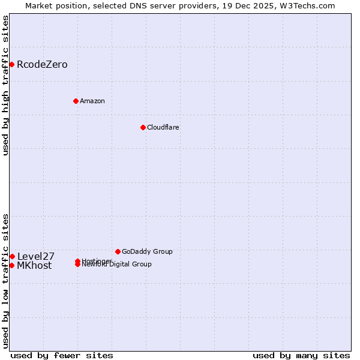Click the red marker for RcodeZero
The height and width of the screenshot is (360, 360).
[11, 64]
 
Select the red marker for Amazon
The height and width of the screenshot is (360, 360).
[76, 101]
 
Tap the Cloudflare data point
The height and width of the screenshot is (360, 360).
[143, 127]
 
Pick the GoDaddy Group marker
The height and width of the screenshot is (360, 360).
[118, 251]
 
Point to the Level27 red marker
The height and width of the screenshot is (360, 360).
[12, 256]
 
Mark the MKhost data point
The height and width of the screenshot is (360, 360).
[11, 265]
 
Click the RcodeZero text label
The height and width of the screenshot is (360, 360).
[42, 65]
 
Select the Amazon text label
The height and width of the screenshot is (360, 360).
[92, 101]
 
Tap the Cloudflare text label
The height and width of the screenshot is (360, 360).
[163, 127]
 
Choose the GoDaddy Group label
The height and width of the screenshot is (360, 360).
[147, 251]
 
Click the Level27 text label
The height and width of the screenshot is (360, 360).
[35, 256]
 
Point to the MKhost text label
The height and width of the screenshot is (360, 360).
[34, 266]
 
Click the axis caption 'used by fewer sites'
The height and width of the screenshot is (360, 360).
[62, 355]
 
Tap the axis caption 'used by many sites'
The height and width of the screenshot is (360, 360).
[301, 355]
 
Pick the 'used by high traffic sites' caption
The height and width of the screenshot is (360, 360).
[5, 85]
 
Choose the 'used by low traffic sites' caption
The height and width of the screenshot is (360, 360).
[5, 280]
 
